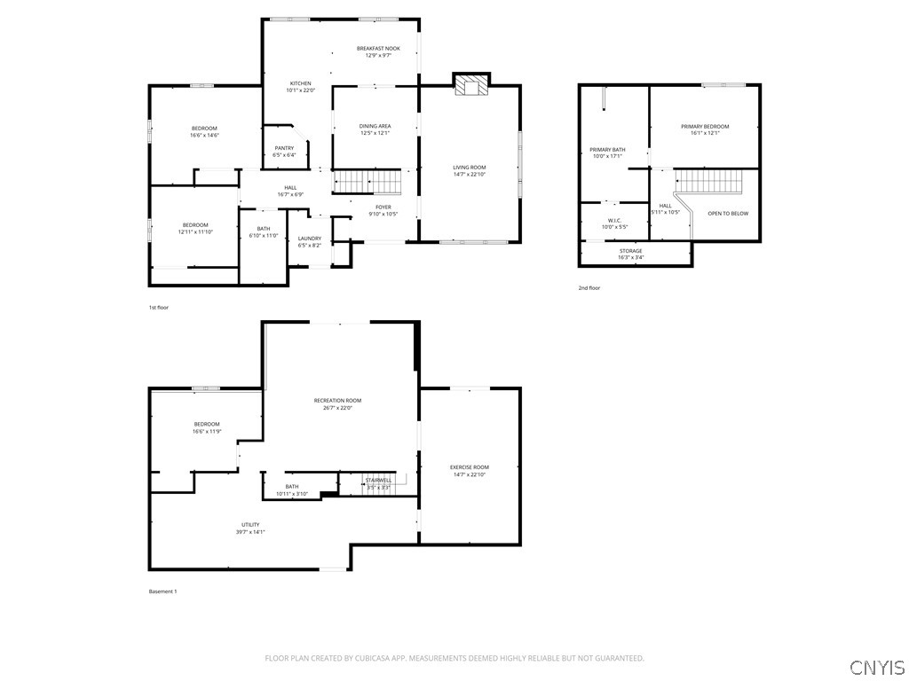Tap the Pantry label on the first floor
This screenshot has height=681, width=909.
point(284,148)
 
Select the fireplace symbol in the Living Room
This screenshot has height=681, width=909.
point(471,84)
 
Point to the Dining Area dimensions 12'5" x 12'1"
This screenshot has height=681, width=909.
point(375,133)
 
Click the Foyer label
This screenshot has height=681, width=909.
point(383,207)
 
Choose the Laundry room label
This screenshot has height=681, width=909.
point(310,238)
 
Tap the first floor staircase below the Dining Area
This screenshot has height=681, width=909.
point(368,182)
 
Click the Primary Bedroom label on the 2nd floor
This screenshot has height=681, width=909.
point(705,127)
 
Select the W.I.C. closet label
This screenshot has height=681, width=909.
point(614,221)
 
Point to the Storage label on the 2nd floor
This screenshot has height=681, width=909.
point(631,251)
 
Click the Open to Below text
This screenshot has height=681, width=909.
point(727,214)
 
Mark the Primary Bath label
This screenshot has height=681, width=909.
point(607,150)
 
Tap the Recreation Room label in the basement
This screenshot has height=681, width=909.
point(337,401)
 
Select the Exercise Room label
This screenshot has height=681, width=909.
point(469,467)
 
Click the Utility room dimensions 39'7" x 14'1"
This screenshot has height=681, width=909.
point(250,532)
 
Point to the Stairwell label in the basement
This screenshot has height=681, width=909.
point(378,480)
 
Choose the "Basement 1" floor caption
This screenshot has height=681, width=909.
point(162,591)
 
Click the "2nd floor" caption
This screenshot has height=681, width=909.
point(589,288)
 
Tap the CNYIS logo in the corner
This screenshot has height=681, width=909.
point(876,668)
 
